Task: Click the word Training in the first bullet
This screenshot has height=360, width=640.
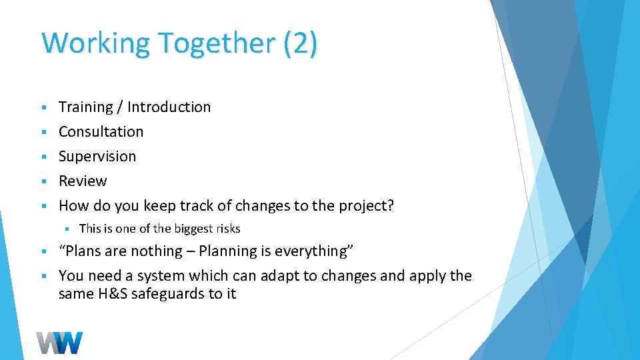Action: tap(86, 107)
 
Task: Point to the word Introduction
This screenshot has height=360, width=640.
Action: tap(169, 107)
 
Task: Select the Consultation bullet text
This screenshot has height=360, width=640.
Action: tap(101, 132)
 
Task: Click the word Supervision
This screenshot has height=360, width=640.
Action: tap(97, 157)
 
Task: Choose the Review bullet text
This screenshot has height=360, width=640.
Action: tap(83, 181)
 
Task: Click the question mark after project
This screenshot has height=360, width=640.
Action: tap(390, 206)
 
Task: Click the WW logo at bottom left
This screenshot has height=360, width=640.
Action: tap(60, 343)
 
